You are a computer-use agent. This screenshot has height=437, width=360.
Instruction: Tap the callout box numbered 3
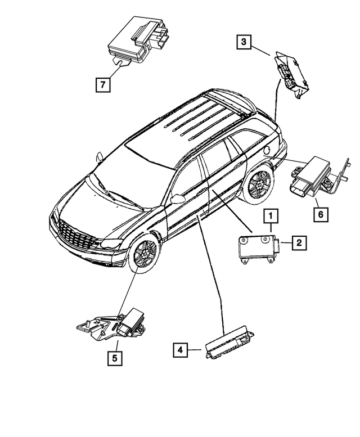pos(243,42)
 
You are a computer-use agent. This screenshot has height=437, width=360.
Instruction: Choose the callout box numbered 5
pos(115,358)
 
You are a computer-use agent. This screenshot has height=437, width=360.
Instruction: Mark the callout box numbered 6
pos(319,214)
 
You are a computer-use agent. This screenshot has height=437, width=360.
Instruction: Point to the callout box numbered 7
pos(102,85)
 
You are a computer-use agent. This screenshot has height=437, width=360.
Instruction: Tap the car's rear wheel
pos(259,185)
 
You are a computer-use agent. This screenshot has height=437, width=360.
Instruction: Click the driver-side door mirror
pos(179,199)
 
